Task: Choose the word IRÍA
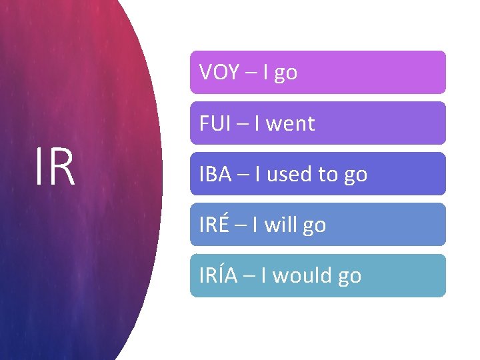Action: [219, 275]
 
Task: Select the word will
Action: [283, 225]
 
